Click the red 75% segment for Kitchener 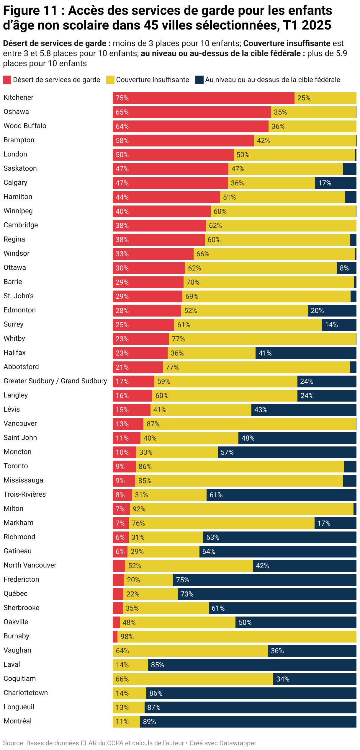click(203, 98)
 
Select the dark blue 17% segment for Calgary click(336, 183)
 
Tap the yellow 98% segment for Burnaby click(237, 637)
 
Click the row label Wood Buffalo click(25, 126)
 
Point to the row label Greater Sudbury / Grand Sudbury click(55, 381)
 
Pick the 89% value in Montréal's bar click(149, 722)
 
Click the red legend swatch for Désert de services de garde click(7, 80)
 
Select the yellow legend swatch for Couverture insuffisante click(110, 80)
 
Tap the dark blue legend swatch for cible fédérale click(199, 80)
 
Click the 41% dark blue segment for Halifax click(306, 353)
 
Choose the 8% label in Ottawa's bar click(344, 268)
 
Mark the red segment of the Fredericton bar click(118, 580)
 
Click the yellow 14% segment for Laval click(130, 665)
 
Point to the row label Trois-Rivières click(25, 494)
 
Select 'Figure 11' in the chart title click(30, 11)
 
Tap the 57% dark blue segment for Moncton click(287, 452)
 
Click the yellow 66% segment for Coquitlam click(193, 679)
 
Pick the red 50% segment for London click(173, 155)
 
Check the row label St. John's click(19, 296)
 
